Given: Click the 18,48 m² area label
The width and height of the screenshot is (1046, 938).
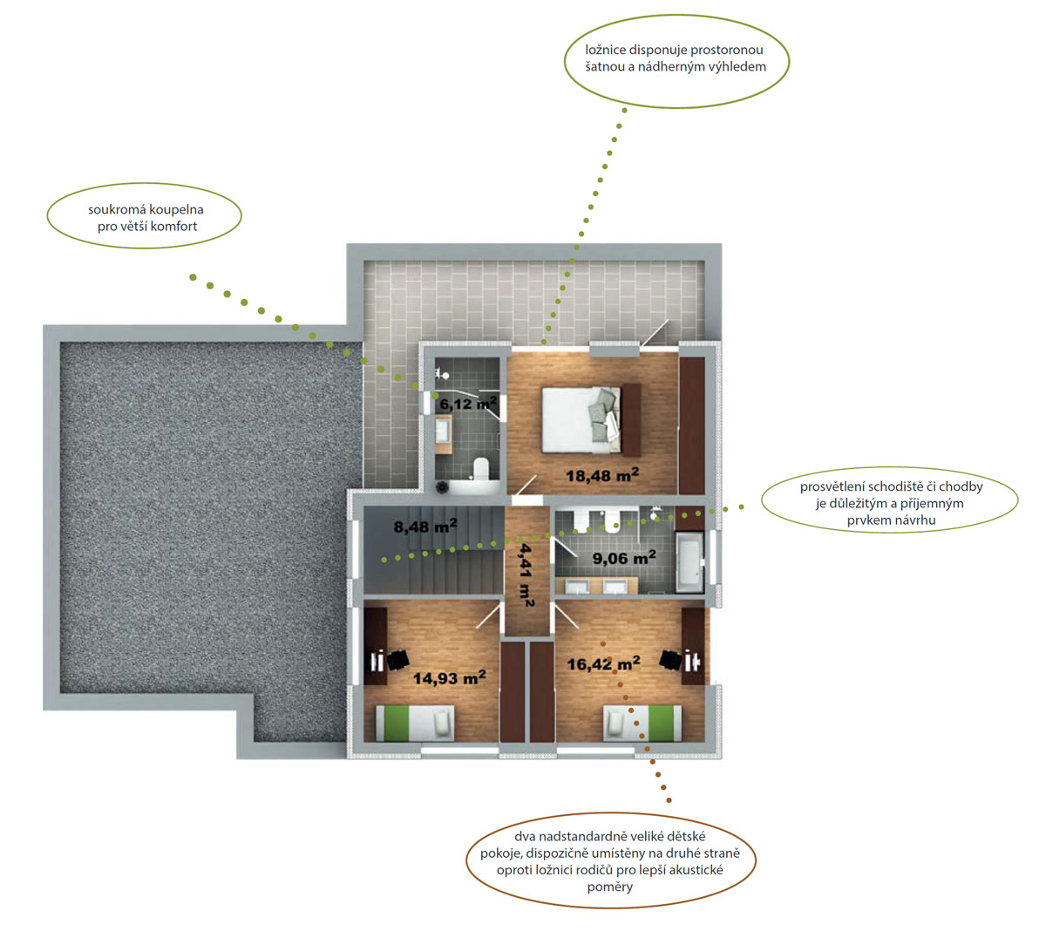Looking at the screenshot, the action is (602, 475).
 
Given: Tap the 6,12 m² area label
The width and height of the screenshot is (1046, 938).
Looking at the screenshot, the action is (468, 404).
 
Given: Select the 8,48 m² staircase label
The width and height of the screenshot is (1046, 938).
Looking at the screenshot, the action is (425, 527).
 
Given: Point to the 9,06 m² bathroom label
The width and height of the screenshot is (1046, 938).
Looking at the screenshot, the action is (624, 557).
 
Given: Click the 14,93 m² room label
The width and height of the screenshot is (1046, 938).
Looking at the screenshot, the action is (449, 677).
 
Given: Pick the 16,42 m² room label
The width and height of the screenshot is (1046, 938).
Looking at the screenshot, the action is (603, 663).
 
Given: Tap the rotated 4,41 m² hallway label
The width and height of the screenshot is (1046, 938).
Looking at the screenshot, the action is (526, 574).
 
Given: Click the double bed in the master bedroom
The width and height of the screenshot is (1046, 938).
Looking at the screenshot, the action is (591, 419).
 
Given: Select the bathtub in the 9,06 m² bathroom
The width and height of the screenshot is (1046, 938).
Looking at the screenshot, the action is (689, 562).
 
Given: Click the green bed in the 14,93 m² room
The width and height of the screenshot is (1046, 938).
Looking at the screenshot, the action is (415, 724).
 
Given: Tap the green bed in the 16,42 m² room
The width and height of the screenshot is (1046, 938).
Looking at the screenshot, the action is (642, 724).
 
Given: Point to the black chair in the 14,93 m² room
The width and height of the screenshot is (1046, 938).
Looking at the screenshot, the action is (397, 660).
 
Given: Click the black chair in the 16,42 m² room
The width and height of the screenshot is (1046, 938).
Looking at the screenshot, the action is (670, 660).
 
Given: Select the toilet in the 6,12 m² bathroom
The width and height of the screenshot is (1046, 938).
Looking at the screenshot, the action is (481, 469).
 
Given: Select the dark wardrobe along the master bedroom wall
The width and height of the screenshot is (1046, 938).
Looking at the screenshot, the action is (692, 425).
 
